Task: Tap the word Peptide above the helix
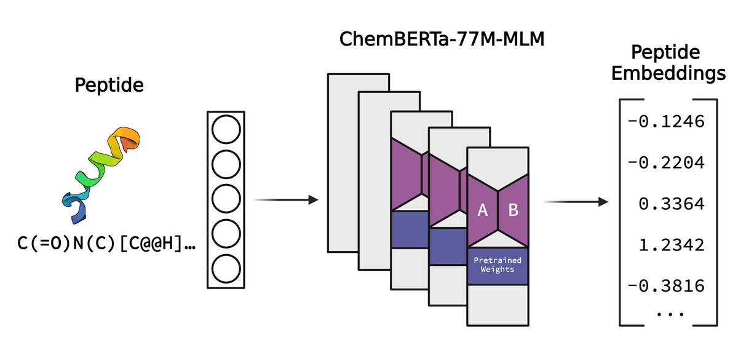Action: [109, 85]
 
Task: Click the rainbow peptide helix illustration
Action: [100, 177]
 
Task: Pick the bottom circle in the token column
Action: [224, 269]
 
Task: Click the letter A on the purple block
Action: [483, 210]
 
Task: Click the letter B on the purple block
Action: [513, 210]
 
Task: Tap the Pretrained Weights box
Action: [498, 265]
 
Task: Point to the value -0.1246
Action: [666, 121]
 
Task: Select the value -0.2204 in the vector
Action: [666, 163]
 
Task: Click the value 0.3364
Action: [670, 204]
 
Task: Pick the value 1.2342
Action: [670, 245]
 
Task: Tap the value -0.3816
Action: [666, 286]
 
